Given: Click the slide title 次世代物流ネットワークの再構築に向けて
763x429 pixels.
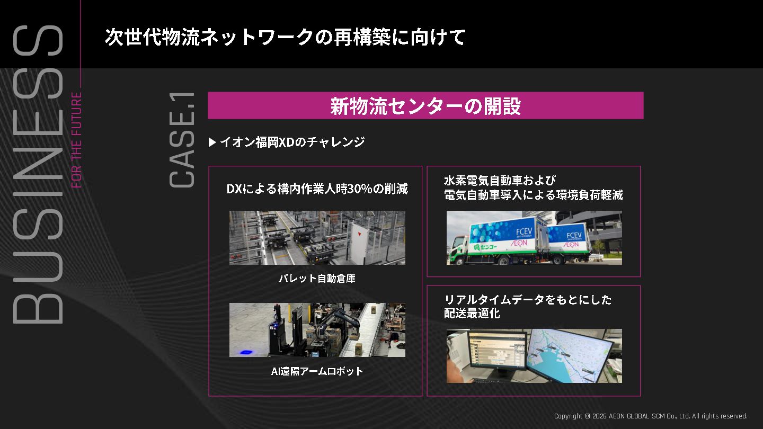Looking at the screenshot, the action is click(285, 38).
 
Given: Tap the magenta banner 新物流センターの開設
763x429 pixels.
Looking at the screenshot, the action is click(425, 105).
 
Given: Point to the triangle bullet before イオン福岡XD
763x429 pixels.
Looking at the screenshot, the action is click(212, 142).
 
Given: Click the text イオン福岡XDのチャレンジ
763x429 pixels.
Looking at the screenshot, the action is click(292, 142).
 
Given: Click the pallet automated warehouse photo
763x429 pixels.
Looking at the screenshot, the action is click(317, 237).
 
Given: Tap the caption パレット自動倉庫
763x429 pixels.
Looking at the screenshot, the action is click(317, 278).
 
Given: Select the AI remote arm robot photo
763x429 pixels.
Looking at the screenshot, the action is click(317, 329).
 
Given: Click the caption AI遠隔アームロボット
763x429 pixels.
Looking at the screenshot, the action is click(317, 371).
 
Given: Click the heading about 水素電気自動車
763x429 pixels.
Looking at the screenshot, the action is click(533, 187).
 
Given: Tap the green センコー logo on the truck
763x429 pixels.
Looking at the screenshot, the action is click(484, 247).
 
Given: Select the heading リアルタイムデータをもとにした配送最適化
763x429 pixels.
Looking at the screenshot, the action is click(528, 306).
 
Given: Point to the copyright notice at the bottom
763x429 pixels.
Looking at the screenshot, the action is click(650, 416).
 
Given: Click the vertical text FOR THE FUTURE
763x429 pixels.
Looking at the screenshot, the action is click(77, 140).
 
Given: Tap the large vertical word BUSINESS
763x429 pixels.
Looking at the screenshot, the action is click(38, 175).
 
